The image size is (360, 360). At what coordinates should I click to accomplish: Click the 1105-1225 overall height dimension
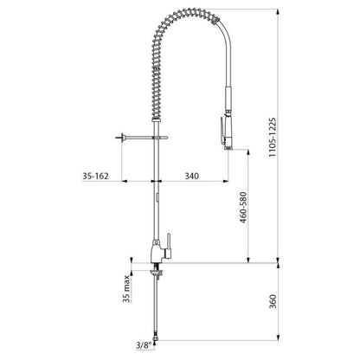point(273,137)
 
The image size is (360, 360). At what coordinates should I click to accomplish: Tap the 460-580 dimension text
point(243,208)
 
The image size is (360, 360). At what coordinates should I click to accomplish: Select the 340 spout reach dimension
point(191,176)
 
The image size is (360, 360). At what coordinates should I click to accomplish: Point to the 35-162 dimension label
point(95,176)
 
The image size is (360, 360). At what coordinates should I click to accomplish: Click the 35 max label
point(126,289)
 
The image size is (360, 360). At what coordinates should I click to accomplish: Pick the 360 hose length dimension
point(273,301)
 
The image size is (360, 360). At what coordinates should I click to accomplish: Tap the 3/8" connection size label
point(144,345)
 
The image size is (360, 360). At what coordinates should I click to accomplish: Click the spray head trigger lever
point(222,131)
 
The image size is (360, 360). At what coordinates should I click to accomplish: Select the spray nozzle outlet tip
point(228,148)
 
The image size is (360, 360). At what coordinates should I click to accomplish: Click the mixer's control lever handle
point(169,245)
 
